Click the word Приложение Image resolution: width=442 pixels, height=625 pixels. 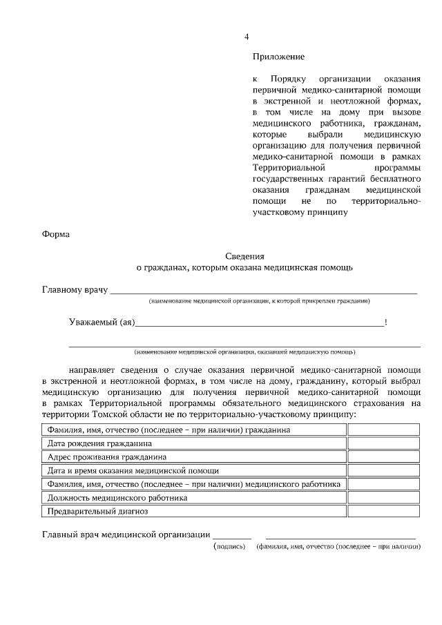278,57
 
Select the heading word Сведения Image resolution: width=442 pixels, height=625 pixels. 245,255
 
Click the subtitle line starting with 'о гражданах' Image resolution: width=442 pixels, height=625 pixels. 244,267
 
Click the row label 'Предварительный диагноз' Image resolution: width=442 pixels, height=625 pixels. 97,511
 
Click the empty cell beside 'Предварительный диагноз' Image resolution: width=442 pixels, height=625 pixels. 384,511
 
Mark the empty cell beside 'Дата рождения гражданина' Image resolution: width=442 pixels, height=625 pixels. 384,443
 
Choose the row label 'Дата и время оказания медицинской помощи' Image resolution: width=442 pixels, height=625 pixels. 133,470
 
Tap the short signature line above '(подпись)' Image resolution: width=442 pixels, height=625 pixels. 231,537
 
